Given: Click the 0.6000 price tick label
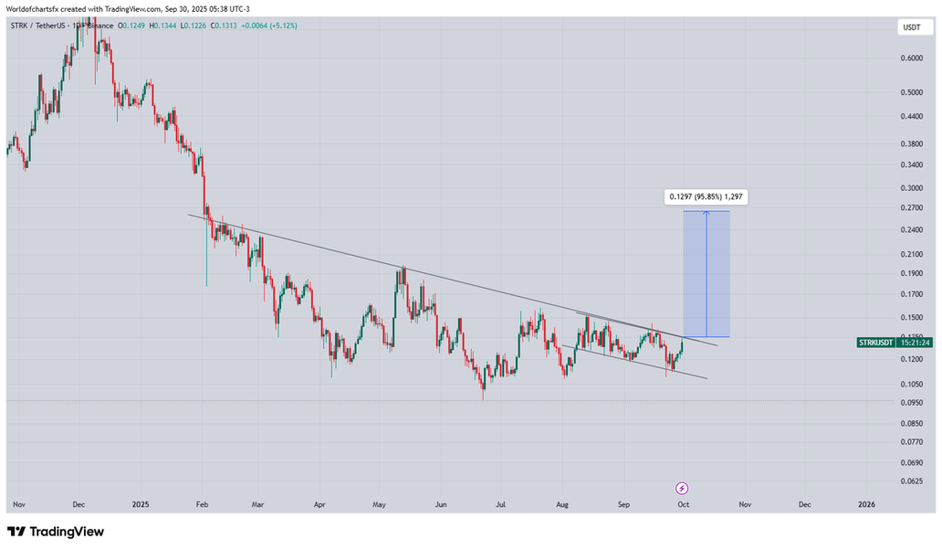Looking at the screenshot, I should coord(911,58).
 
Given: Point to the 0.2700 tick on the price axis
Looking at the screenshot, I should coord(911,208).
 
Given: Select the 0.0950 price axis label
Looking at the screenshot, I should coord(911,402).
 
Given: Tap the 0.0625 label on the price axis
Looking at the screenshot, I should coord(911,481).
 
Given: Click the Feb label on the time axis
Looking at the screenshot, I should coord(202,503).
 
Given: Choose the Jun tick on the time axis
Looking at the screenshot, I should coord(442,503).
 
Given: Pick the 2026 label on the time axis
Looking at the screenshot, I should coord(866,503).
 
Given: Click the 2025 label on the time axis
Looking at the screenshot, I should coord(140,503).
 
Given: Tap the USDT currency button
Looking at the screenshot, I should coord(911,28).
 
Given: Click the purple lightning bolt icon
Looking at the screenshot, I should coord(681,488).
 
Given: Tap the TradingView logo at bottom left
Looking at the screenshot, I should coord(56,532).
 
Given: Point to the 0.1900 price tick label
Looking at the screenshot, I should coord(911,273).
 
